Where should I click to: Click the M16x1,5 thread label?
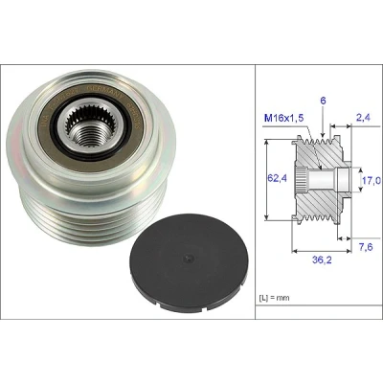(x=284, y=119)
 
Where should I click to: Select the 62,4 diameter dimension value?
(x=277, y=178)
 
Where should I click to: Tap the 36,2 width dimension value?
(x=322, y=260)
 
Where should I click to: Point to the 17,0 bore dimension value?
(x=372, y=181)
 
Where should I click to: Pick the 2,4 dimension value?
(x=362, y=118)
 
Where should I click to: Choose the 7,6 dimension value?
(x=365, y=247)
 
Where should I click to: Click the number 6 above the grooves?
(x=323, y=101)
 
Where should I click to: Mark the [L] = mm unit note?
(x=274, y=298)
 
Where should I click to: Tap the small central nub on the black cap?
(x=189, y=258)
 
